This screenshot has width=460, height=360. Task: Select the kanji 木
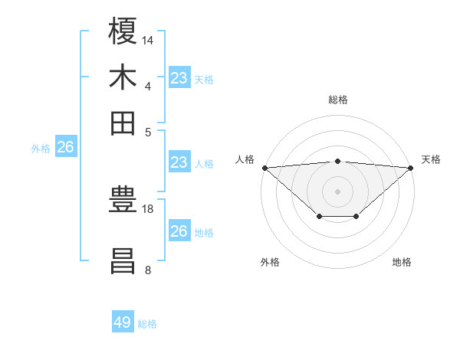[x=123, y=77]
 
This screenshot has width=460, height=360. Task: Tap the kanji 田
[x=123, y=123]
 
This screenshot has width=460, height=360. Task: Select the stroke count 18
[x=149, y=208]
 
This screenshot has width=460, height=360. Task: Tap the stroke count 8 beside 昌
[x=148, y=270]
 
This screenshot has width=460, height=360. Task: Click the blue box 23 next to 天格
[x=179, y=77]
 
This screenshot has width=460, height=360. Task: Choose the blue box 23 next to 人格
[x=179, y=162]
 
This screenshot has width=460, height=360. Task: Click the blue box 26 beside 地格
[x=179, y=231]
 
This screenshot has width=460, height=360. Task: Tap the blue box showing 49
[x=123, y=322]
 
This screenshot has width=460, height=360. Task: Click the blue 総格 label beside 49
[x=148, y=324]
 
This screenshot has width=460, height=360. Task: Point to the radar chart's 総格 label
[x=338, y=100]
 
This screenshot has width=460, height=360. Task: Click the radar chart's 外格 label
[x=269, y=263]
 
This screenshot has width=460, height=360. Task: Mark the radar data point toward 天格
[x=411, y=168]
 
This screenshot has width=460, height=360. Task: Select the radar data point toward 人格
[x=264, y=168]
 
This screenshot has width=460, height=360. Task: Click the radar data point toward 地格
[x=356, y=218]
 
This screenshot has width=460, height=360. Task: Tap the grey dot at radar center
[x=338, y=191]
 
